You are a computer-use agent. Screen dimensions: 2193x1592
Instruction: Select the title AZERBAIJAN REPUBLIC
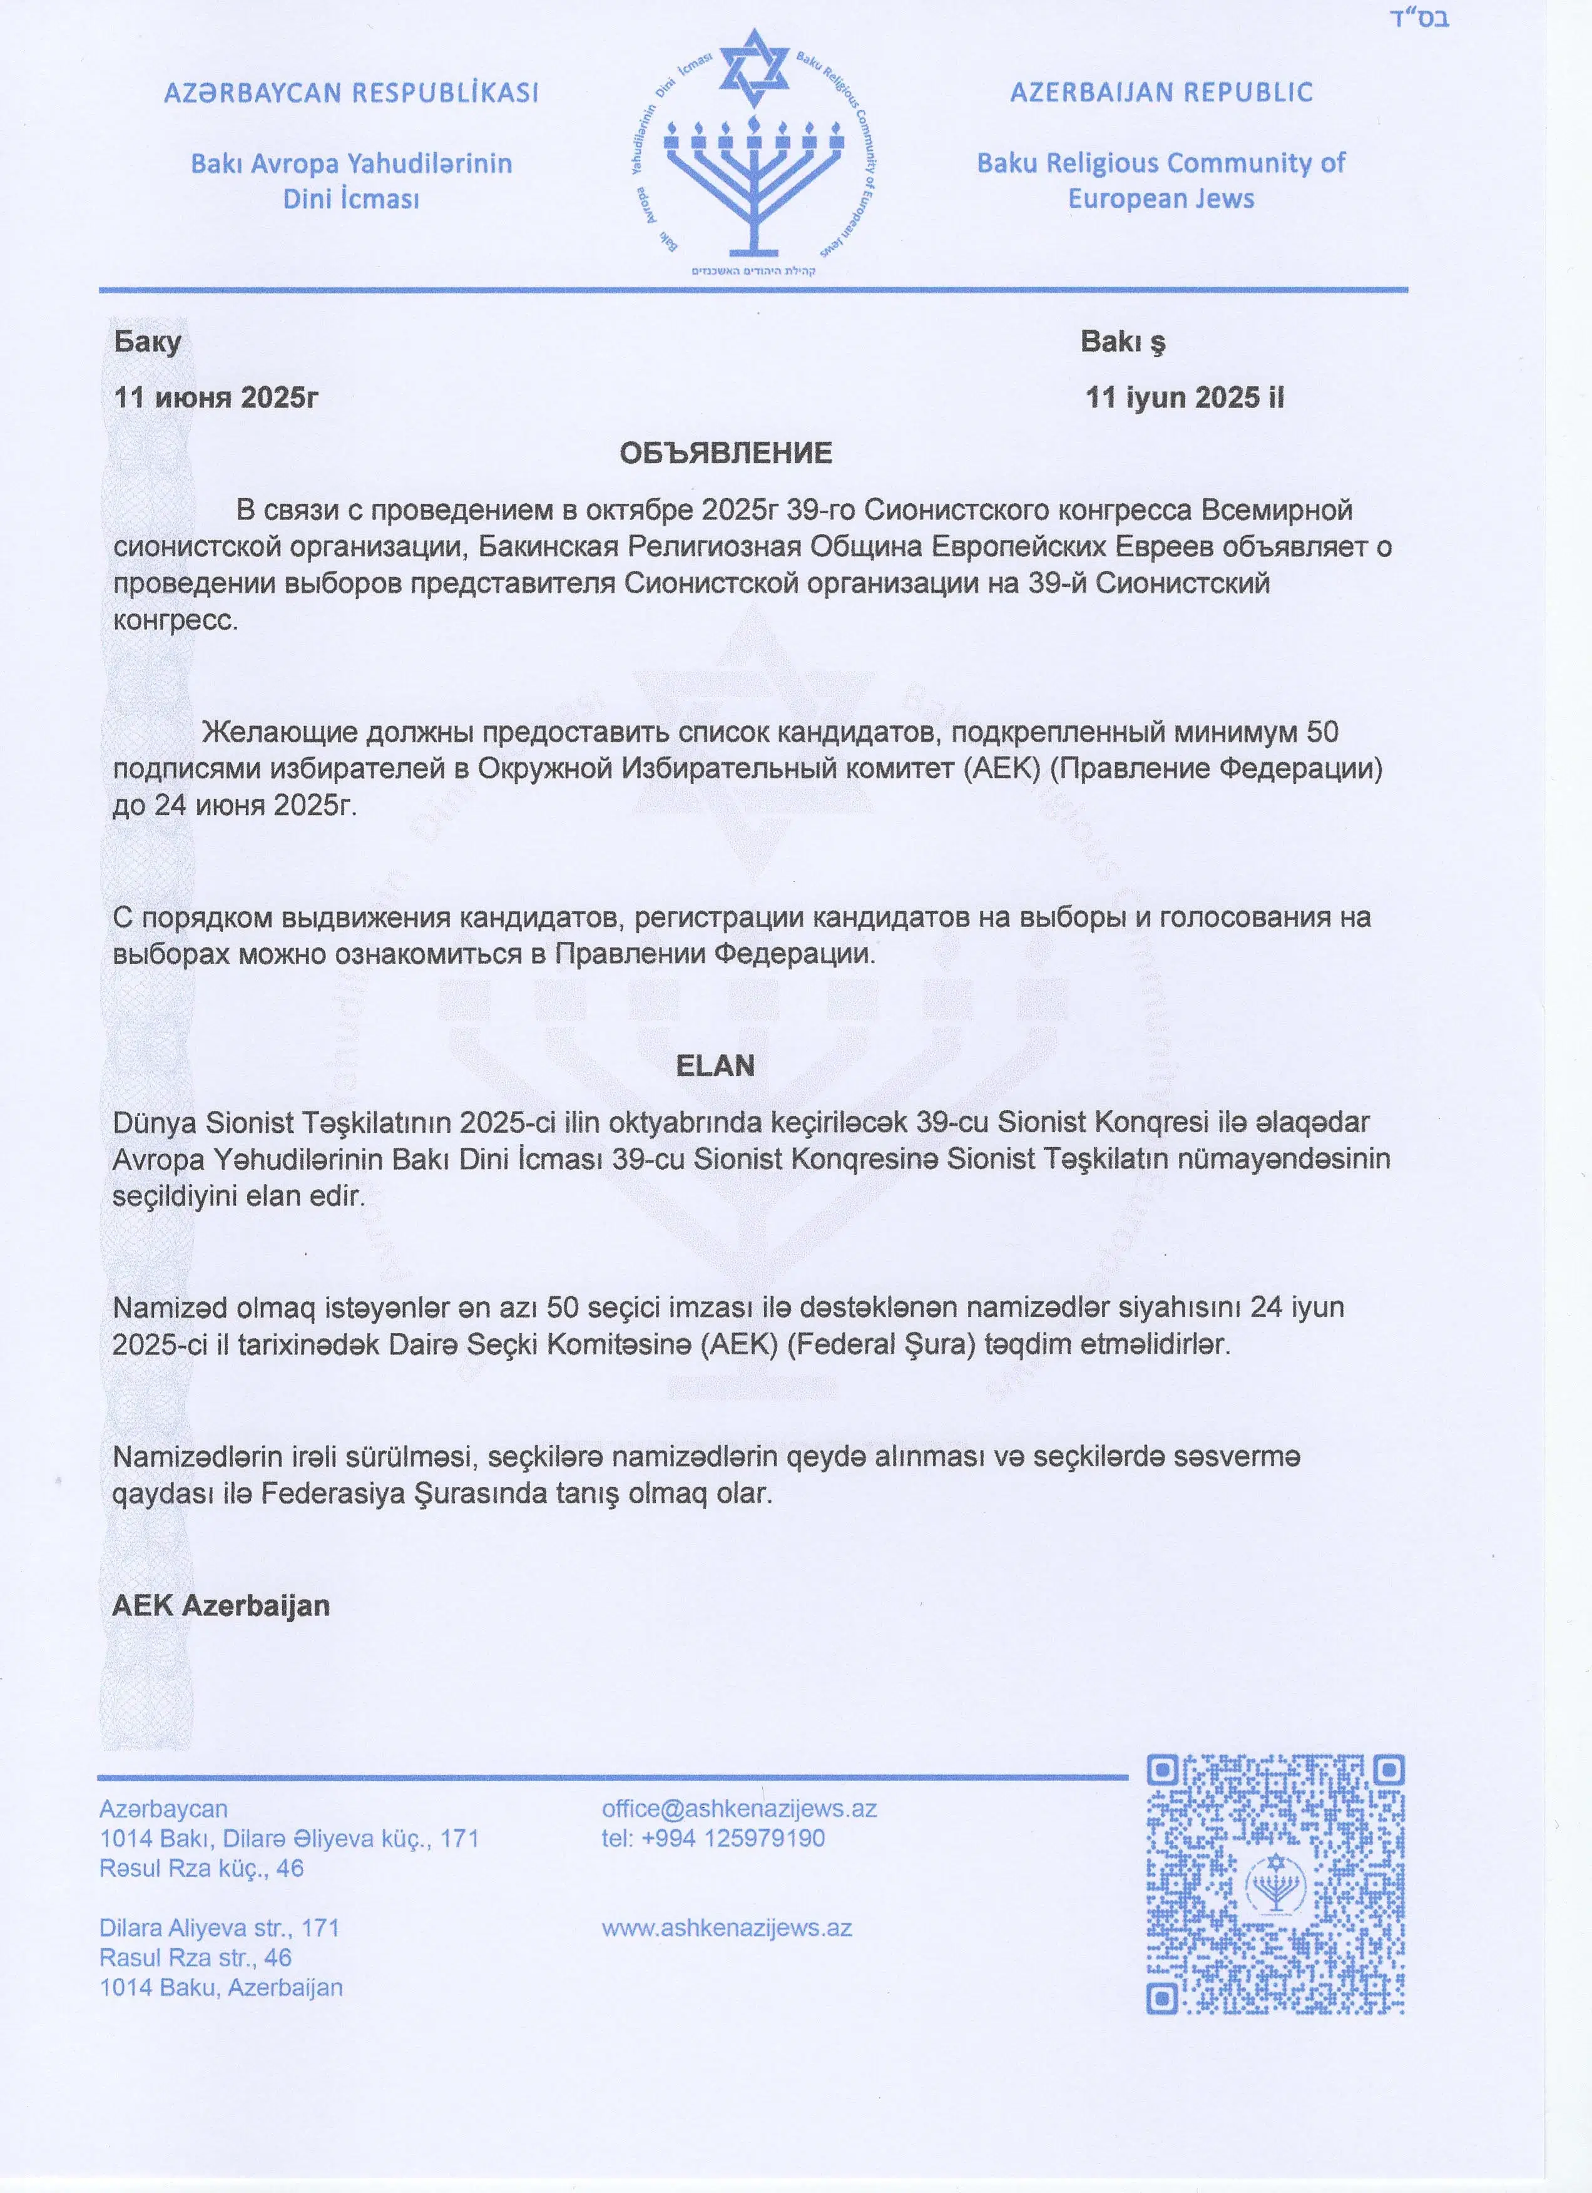click(x=1161, y=93)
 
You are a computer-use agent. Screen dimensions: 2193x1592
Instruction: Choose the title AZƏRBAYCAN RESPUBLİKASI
click(x=351, y=93)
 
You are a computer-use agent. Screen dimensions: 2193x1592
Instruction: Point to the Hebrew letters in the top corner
click(x=1419, y=18)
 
